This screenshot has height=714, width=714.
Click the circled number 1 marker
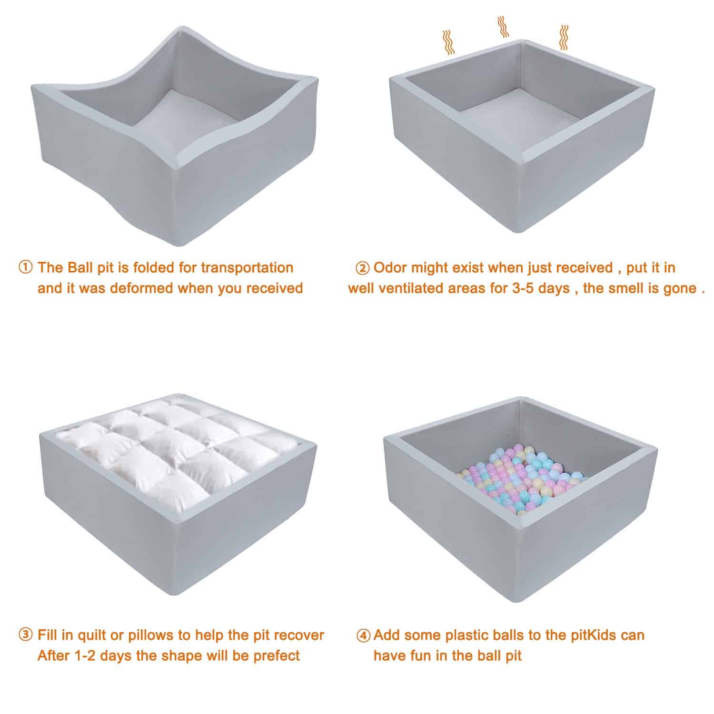click(26, 268)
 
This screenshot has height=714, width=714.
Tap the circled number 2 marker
click(363, 268)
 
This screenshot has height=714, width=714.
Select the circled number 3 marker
click(26, 635)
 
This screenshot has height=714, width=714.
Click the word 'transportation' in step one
click(247, 268)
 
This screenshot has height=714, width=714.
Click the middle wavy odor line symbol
click(502, 27)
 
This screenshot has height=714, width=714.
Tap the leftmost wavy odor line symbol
click(448, 42)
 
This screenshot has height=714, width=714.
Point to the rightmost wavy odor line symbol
click(563, 38)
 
